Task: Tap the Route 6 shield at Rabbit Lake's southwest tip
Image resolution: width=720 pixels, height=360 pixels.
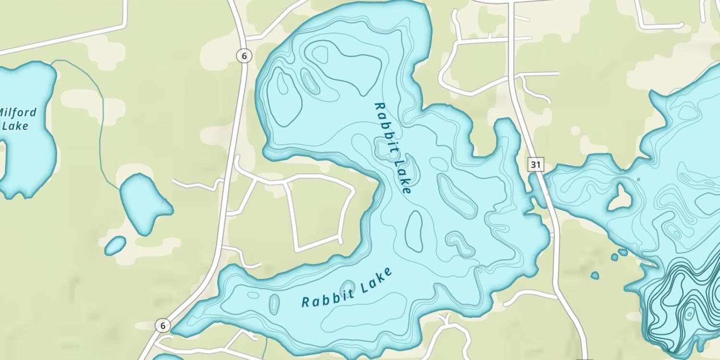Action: (163, 326)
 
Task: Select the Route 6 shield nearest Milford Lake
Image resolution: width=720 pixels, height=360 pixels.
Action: (244, 56)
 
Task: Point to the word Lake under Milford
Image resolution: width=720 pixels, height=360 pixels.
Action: (15, 126)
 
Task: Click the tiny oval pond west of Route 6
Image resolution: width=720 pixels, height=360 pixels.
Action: (115, 245)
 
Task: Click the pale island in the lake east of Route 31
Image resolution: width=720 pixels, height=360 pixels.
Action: (619, 198)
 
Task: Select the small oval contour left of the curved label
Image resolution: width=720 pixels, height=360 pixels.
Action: (274, 304)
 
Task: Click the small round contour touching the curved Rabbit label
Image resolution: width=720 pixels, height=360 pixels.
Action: (348, 288)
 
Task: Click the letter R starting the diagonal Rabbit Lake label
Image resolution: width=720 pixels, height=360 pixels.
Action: (378, 106)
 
